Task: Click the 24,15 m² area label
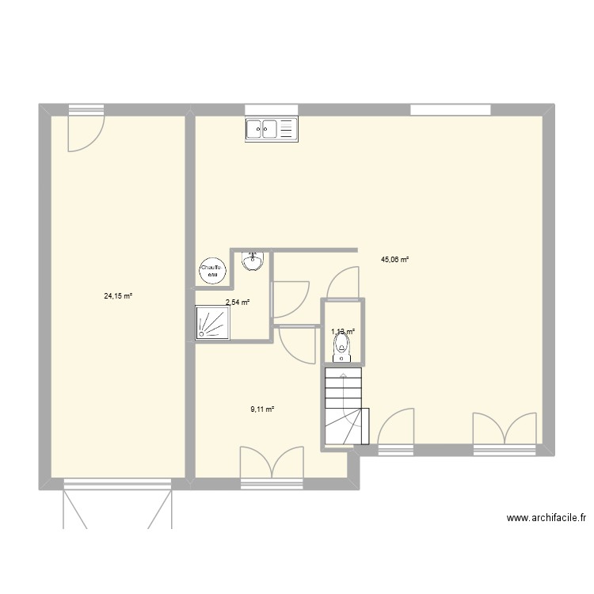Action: coord(117,296)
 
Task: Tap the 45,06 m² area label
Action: coord(394,259)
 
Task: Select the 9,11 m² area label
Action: coord(262,409)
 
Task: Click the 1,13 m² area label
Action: coord(342,333)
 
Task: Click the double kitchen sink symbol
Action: coord(270,128)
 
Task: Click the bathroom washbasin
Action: coord(253,261)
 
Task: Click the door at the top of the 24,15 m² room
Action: coord(85,128)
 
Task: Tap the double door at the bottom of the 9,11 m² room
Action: coord(272,464)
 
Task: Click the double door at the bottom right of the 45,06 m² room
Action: coord(505,432)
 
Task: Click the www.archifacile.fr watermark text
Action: coord(546,519)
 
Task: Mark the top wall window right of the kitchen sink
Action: coord(439,109)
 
